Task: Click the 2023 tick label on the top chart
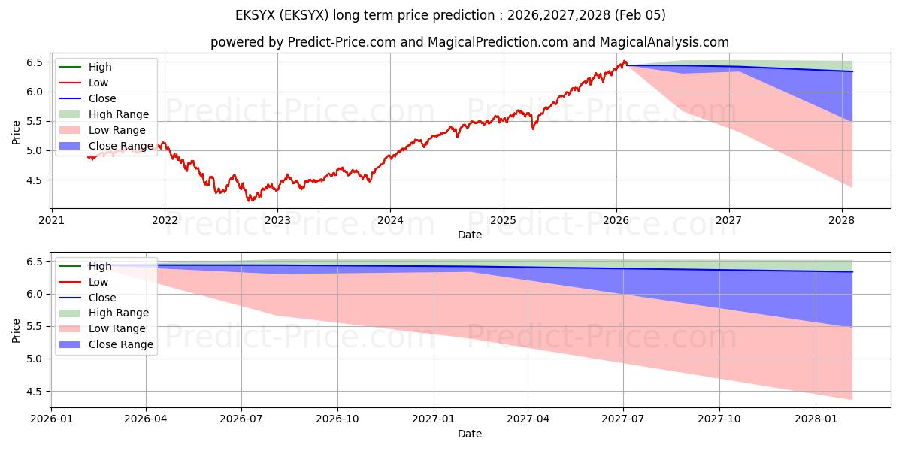[277, 221]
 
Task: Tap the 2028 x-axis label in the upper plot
[842, 221]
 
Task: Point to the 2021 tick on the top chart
[51, 221]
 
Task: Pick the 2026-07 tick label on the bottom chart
[241, 419]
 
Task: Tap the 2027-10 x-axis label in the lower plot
[719, 419]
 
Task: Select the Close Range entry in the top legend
[120, 146]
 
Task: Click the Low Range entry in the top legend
[117, 130]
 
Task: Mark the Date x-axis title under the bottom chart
[470, 434]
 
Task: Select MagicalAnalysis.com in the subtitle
[661, 42]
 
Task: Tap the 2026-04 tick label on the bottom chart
[146, 419]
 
